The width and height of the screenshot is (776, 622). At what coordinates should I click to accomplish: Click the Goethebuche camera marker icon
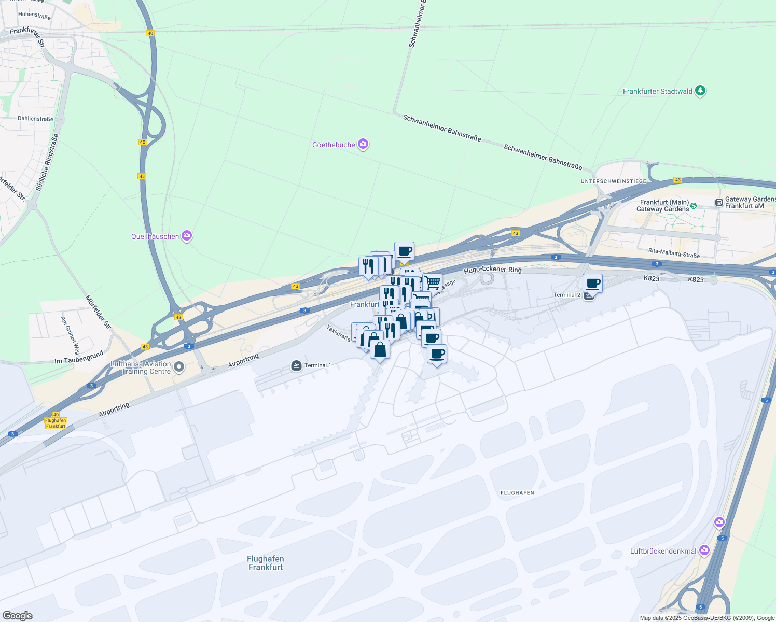(363, 144)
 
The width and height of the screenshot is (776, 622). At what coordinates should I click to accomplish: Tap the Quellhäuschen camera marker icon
(187, 236)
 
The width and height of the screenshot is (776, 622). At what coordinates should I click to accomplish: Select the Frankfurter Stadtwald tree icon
(700, 91)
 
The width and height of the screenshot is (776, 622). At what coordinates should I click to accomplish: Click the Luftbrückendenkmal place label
(663, 551)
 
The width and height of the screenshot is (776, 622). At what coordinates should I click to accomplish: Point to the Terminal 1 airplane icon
(296, 365)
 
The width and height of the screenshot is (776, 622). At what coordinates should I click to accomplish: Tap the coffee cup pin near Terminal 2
(592, 284)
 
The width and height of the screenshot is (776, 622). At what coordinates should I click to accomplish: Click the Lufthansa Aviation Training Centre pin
(179, 367)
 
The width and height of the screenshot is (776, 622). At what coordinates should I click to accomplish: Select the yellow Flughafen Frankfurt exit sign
(56, 423)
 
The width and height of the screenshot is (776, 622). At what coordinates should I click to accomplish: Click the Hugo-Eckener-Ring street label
(492, 270)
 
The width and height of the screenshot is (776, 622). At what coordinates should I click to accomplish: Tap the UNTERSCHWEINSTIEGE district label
(613, 181)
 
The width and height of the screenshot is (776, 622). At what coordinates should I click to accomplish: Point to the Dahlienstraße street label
(35, 119)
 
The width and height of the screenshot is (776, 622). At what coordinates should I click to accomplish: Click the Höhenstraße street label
(34, 16)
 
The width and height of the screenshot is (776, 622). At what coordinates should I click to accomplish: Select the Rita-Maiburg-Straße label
(674, 253)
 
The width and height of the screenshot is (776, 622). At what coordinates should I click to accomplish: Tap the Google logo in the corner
(17, 616)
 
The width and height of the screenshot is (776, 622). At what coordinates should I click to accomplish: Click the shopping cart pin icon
(432, 283)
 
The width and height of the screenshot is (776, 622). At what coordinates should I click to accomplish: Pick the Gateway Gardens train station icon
(719, 202)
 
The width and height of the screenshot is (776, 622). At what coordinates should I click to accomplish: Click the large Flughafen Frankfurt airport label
(265, 562)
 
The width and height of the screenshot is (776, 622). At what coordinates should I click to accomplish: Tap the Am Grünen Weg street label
(70, 333)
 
